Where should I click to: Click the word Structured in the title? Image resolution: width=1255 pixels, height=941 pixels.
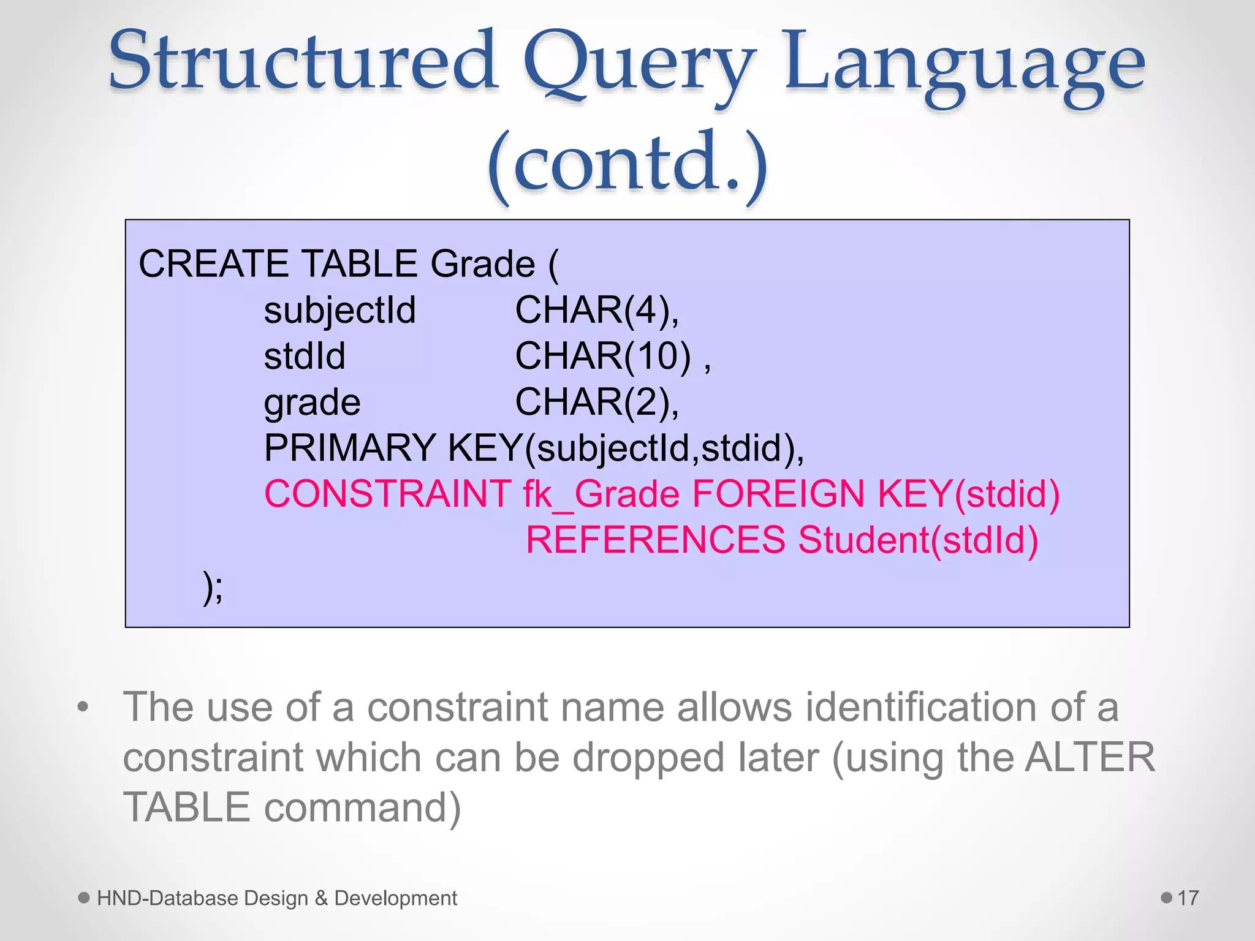303,61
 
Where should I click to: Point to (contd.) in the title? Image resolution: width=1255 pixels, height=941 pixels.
627,163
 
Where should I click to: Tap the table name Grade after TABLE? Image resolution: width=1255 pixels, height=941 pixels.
483,264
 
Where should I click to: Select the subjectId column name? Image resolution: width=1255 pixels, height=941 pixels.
339,311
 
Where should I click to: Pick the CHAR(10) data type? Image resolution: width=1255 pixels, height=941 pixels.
603,356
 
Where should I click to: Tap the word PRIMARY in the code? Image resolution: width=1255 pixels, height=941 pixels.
350,448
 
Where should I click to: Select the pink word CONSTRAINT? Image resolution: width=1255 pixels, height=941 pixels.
387,494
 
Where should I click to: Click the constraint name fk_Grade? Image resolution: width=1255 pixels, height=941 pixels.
601,495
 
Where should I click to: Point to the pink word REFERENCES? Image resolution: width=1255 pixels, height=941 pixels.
656,540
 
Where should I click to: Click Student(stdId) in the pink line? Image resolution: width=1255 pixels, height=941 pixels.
918,540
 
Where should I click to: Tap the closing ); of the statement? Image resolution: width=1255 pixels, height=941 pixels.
213,588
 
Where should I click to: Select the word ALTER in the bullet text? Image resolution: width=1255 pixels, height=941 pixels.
1090,757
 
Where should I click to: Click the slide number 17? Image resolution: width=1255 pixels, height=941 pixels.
1188,898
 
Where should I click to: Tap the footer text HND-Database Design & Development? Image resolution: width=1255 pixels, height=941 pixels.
277,898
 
